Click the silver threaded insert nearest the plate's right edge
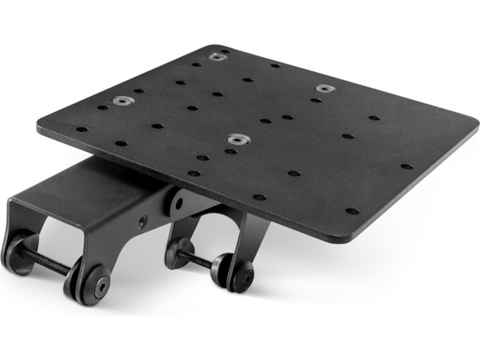pos(324,88)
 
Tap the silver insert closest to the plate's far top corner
pos(217,57)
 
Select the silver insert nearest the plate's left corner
pos(123,101)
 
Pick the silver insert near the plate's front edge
pos(237,140)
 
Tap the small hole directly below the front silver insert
pos(232,152)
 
